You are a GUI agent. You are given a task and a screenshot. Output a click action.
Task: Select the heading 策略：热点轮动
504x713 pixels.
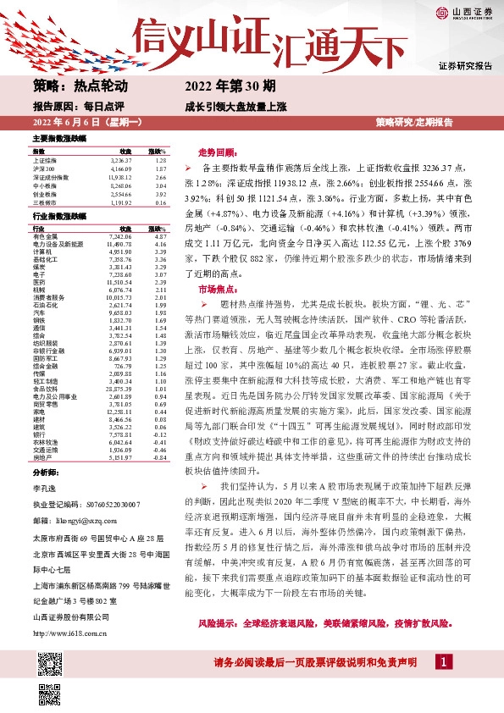tap(80, 86)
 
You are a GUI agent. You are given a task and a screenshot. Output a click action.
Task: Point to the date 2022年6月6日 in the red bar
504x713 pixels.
tap(64, 123)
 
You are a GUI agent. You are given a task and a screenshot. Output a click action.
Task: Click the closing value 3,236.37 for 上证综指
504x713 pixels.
tap(122, 159)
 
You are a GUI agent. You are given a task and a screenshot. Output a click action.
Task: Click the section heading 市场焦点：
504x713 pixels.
tap(216, 289)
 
